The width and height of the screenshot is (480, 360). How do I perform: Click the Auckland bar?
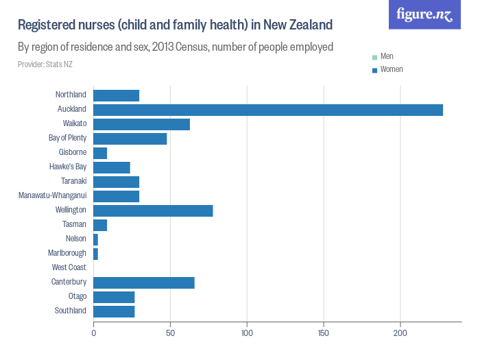click(x=267, y=110)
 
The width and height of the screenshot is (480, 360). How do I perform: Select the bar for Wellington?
click(x=153, y=211)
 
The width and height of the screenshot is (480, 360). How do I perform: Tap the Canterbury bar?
click(x=144, y=283)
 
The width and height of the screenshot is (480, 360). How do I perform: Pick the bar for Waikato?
click(x=141, y=124)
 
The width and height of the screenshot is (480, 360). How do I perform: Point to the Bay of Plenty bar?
click(x=130, y=139)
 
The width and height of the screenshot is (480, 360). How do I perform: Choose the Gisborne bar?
click(x=100, y=153)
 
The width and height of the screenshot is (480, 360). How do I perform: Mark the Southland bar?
click(x=114, y=311)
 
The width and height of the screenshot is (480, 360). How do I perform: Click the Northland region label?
click(x=71, y=95)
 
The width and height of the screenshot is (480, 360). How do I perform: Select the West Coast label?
click(x=69, y=267)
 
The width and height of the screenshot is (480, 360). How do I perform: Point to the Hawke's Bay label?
click(x=68, y=167)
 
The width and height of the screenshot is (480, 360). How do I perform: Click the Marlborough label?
click(x=67, y=253)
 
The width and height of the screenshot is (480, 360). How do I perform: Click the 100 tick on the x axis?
click(x=247, y=333)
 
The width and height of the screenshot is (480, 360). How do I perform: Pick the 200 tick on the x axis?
click(x=400, y=333)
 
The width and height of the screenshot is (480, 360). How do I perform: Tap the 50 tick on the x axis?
click(x=170, y=333)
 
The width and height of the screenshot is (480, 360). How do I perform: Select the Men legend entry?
click(x=386, y=56)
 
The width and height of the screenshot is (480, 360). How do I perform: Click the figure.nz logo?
click(x=424, y=14)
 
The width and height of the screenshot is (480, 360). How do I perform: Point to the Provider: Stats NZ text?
click(x=45, y=64)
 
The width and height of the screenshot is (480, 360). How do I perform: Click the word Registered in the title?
click(x=44, y=26)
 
